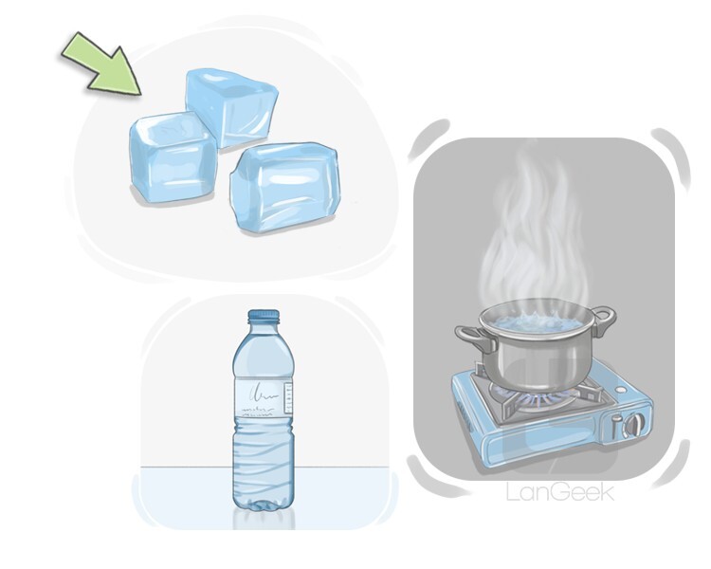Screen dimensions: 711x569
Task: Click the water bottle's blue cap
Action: [264, 316]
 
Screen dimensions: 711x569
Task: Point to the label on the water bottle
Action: [263, 396]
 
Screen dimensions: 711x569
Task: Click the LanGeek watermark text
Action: [560, 492]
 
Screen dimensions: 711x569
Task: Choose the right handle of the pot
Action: [604, 319]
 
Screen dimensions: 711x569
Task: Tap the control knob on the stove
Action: [633, 425]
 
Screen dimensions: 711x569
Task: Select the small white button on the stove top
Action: [618, 390]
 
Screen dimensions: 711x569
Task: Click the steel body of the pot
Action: [536, 358]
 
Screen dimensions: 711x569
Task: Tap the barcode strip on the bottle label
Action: [287, 398]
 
